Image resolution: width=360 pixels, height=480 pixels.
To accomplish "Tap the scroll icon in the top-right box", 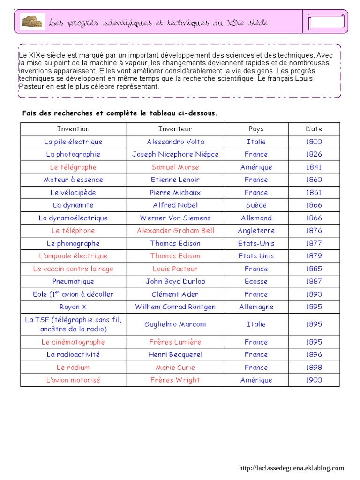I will click(x=326, y=22).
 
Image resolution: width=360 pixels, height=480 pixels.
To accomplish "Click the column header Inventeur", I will click(x=175, y=129).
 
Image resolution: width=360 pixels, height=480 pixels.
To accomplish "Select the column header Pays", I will click(x=256, y=129).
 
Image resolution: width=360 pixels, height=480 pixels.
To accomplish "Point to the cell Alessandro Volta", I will click(x=175, y=142).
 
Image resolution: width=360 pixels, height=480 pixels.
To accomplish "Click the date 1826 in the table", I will click(x=314, y=154).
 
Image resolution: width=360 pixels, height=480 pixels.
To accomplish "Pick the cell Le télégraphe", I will click(x=73, y=167).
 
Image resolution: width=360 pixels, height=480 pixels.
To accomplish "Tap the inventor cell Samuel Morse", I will click(x=175, y=167).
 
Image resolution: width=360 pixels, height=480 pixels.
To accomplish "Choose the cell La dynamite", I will click(x=73, y=205).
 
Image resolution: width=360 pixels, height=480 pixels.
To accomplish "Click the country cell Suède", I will click(x=256, y=205).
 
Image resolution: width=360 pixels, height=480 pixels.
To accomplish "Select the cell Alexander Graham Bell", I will click(x=175, y=230).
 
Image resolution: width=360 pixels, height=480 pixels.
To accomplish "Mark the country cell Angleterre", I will click(x=256, y=230).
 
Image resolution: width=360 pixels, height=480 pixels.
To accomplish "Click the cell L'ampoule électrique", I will click(x=73, y=256).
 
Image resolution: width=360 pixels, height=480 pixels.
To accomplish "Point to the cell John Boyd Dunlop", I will click(x=175, y=281).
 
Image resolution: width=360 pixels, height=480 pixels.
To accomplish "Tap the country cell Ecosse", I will click(x=256, y=281).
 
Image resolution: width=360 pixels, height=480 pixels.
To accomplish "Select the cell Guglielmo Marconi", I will click(x=175, y=324).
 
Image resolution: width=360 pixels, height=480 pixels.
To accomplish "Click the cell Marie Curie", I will click(x=175, y=367).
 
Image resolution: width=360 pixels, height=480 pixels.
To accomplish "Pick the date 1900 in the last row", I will click(x=314, y=380).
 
